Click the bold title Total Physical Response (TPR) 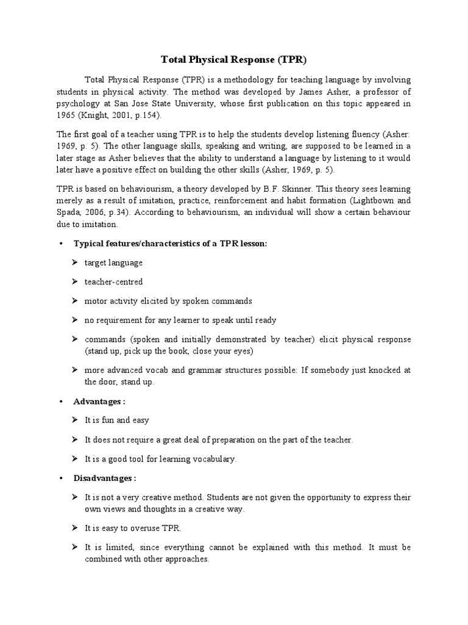(233, 60)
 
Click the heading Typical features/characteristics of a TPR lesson (170, 243)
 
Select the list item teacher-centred (114, 282)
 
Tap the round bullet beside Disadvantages (61, 478)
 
